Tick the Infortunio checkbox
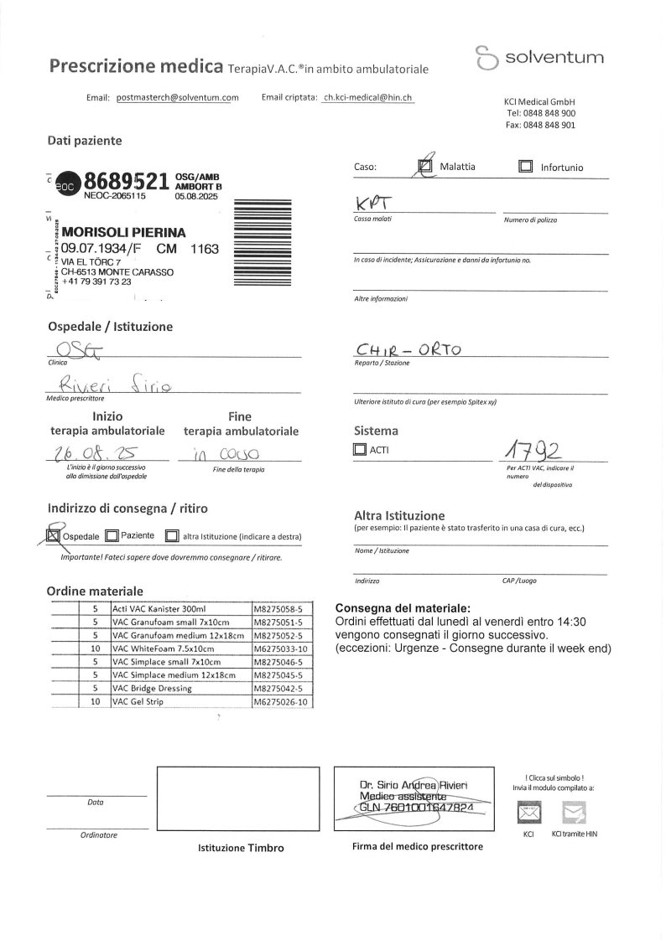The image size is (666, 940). coord(526,167)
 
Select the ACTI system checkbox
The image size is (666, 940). coord(361,450)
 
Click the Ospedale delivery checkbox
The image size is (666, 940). coord(53,535)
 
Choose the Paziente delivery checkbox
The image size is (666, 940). coord(112,535)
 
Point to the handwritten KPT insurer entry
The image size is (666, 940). coord(370,203)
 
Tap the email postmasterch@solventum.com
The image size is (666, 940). coord(177,98)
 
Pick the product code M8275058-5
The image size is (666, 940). coord(282,608)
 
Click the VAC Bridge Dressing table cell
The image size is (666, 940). coord(180,689)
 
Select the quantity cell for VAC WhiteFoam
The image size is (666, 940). coord(95,648)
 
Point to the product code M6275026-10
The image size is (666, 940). coord(282,702)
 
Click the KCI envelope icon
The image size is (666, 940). coord(528,812)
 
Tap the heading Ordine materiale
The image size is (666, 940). coord(95,591)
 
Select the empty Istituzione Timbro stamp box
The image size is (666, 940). coord(241,799)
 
